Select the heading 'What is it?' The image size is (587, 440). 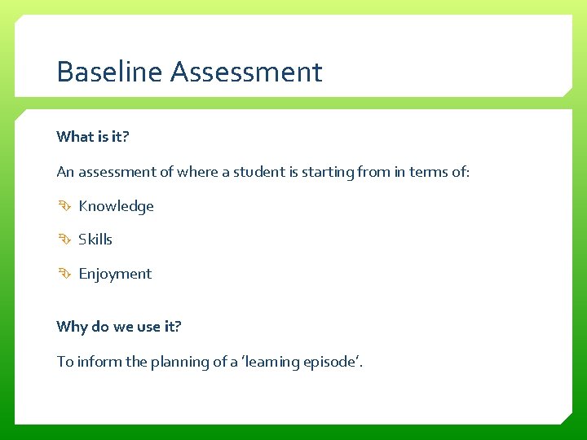93,137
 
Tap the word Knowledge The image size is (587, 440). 116,206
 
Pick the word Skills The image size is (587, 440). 95,240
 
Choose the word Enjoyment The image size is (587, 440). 115,274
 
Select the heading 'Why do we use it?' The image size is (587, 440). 119,327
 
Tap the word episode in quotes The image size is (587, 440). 329,361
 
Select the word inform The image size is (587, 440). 99,361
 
